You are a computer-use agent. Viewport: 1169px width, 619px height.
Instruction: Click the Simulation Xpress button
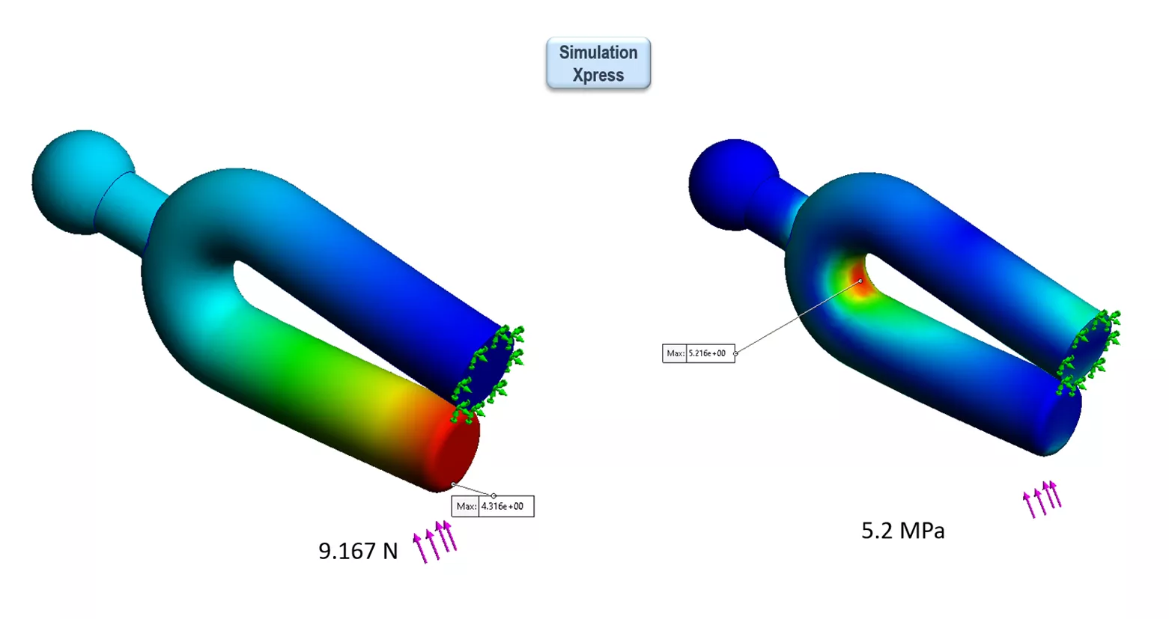598,64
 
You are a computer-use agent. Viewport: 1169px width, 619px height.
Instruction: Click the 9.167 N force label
358,551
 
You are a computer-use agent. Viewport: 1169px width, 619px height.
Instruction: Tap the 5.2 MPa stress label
902,531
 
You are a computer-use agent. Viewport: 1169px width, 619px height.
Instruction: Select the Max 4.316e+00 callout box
493,507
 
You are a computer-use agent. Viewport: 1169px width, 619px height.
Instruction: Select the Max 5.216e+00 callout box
699,353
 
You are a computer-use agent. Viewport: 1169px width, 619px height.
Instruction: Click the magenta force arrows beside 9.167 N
435,541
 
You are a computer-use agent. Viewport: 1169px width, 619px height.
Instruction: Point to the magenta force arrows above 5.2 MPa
1042,498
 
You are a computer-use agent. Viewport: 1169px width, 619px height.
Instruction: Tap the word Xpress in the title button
598,76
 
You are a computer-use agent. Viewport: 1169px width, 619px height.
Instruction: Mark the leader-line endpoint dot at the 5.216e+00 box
735,353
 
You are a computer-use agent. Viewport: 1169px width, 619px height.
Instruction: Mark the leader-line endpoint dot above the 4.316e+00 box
494,495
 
